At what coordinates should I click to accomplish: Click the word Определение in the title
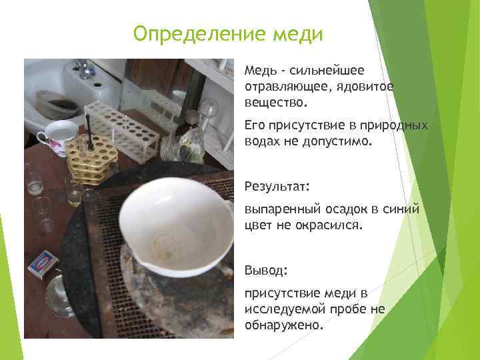(x=188, y=33)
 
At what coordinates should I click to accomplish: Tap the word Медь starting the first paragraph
(x=257, y=70)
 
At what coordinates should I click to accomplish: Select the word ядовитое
(x=366, y=87)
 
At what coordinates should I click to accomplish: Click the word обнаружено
(x=283, y=325)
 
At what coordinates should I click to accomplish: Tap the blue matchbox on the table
(x=43, y=263)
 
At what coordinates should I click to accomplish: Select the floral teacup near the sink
(x=56, y=136)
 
